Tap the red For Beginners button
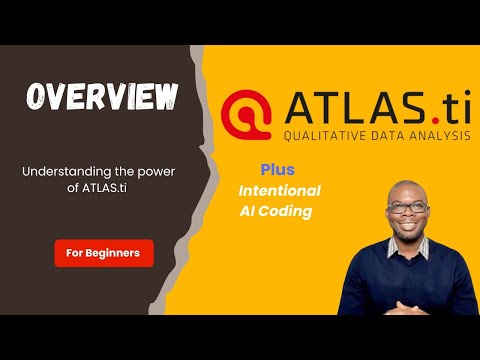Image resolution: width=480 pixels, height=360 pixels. pyautogui.click(x=104, y=253)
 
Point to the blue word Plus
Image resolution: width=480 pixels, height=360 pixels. pyautogui.click(x=277, y=170)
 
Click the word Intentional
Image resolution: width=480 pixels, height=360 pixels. pyautogui.click(x=279, y=190)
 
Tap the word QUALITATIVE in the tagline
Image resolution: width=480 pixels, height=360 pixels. pyautogui.click(x=321, y=136)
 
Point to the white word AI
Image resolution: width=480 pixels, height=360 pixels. pyautogui.click(x=249, y=212)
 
